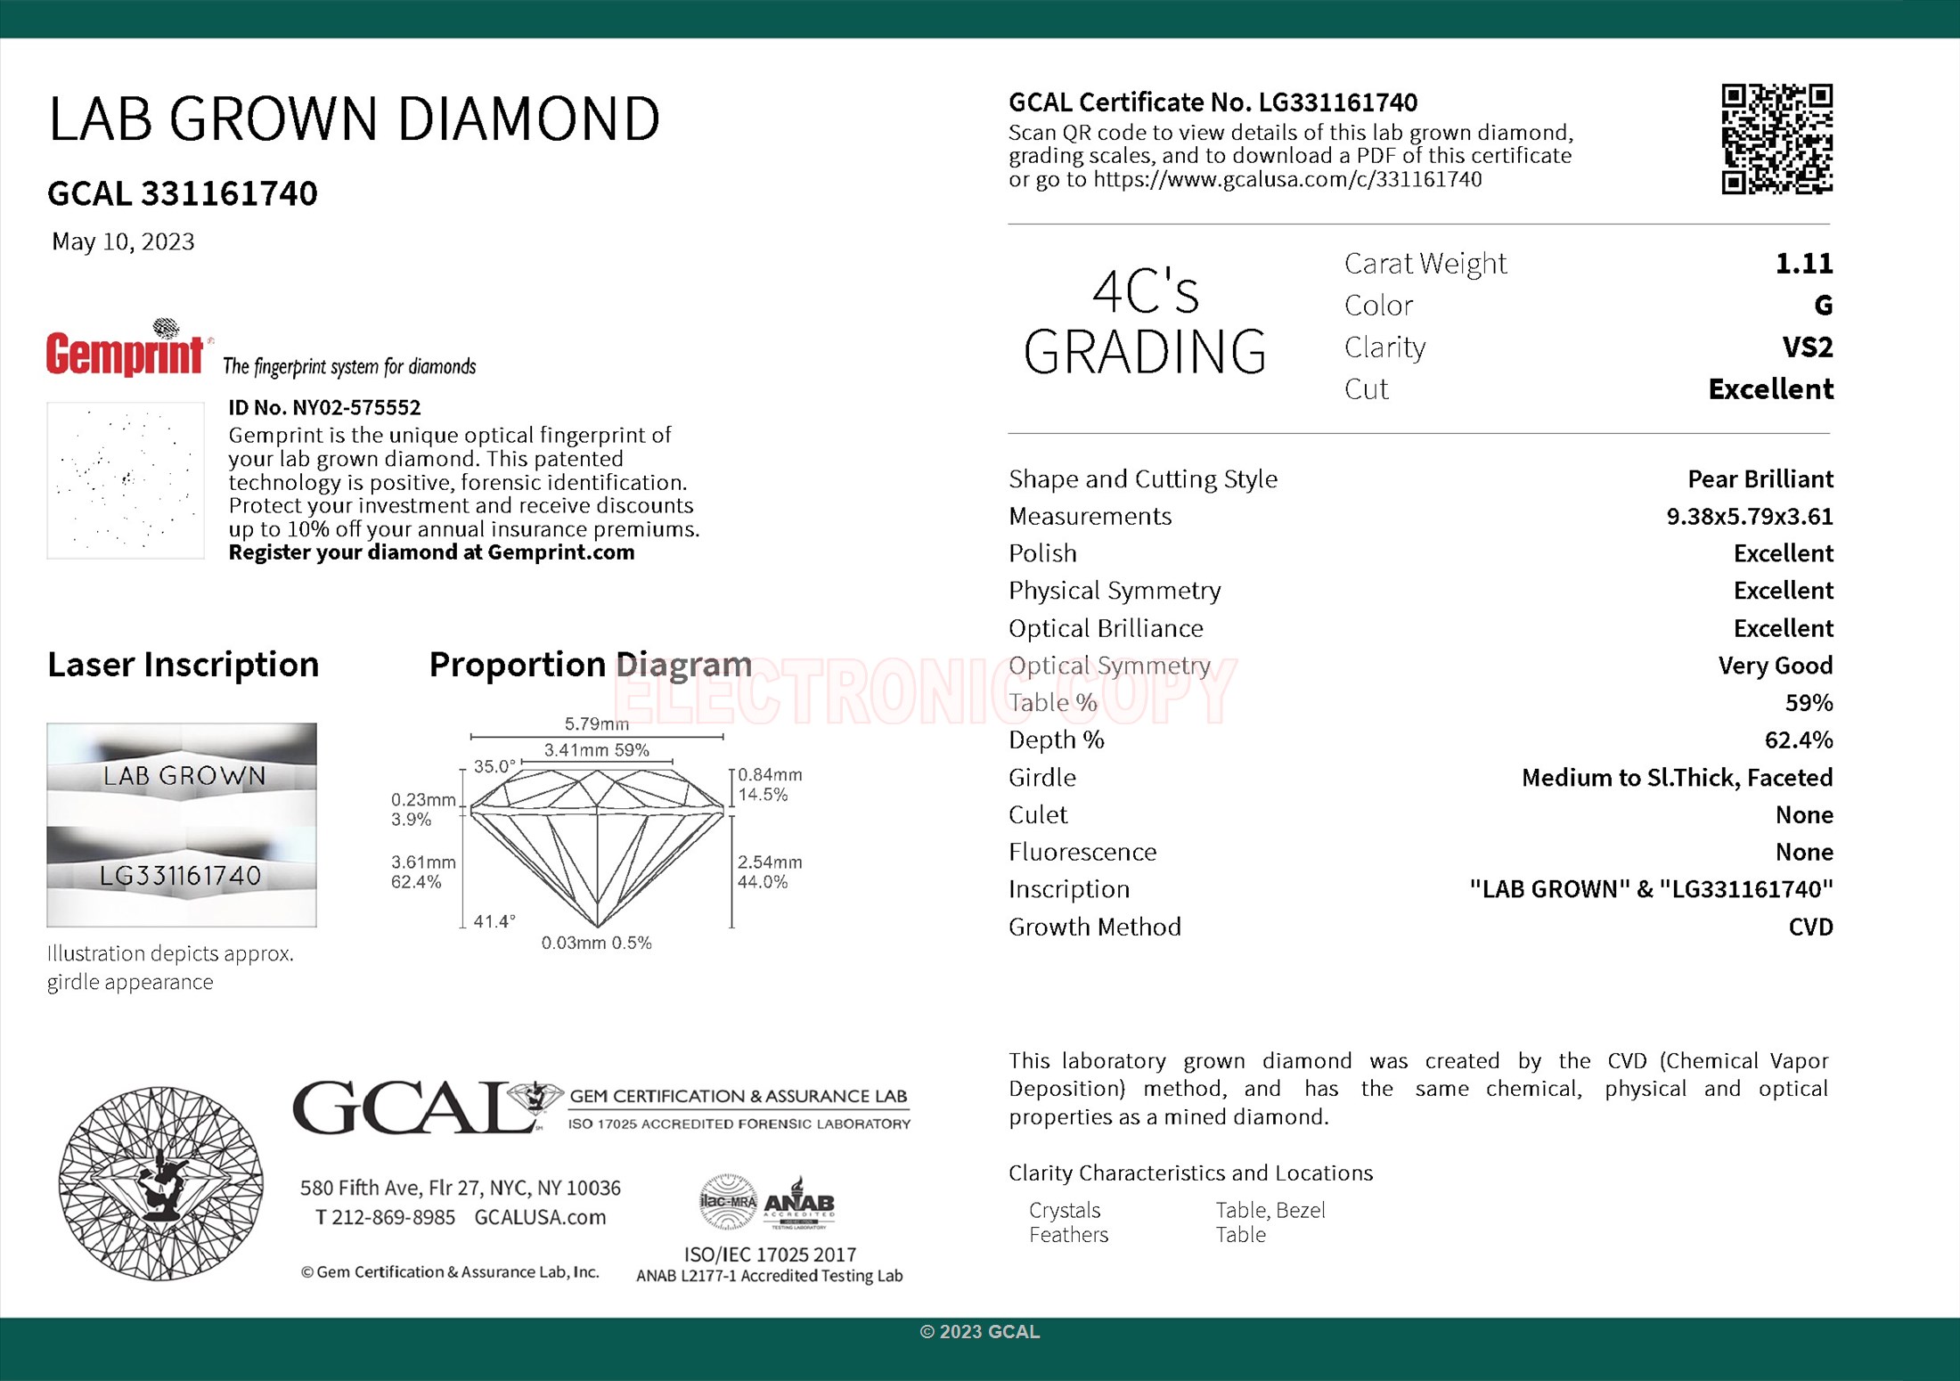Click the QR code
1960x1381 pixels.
tap(1776, 139)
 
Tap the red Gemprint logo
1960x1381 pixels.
tap(126, 353)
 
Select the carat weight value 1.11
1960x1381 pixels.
tap(1803, 264)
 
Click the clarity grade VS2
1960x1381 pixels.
tap(1807, 347)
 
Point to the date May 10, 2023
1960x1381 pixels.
tap(123, 241)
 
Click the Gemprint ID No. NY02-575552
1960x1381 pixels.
tap(324, 407)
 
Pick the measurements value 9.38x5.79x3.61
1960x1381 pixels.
tap(1749, 516)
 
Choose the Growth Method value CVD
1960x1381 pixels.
tap(1810, 927)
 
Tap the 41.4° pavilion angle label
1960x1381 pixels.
tap(494, 921)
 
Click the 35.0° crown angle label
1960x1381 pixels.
tap(494, 766)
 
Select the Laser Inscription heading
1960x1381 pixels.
tap(183, 665)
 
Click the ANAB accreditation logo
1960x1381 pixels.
tap(799, 1204)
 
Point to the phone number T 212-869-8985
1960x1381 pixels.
tap(385, 1217)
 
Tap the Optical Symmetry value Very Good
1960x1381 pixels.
tap(1775, 666)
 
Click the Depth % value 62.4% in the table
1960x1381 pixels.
tap(1798, 740)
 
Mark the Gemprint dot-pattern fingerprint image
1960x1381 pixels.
tap(126, 480)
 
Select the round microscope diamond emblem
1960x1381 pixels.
tap(160, 1183)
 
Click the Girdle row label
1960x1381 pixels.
tap(1041, 778)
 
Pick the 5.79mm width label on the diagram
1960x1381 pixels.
tap(596, 723)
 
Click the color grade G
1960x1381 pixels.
tap(1823, 306)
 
